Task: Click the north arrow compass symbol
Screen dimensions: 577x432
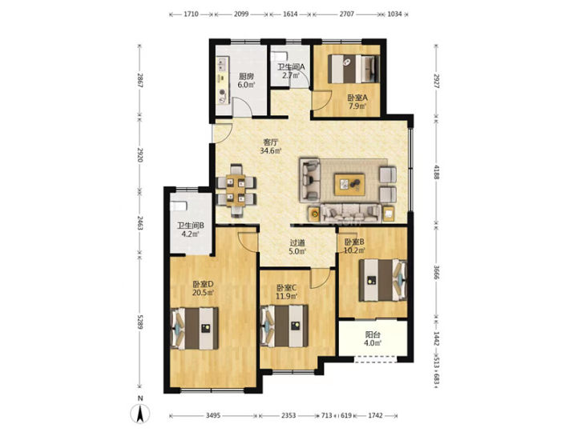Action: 139,414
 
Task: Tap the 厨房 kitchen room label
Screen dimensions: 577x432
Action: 246,77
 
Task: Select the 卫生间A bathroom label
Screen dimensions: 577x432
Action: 291,67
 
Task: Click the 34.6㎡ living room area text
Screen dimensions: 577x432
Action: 271,150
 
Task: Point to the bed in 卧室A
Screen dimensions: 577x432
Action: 353,69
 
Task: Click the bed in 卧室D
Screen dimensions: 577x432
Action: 194,328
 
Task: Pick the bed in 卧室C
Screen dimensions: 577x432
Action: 284,326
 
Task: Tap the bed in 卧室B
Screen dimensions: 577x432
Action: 383,280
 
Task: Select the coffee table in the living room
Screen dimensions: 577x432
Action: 349,185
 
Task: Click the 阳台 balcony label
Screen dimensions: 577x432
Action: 373,334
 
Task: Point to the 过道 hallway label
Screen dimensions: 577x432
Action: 297,243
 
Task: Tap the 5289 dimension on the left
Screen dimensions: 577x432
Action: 139,322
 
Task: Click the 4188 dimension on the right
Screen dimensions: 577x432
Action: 436,172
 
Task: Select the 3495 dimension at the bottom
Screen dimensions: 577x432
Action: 213,415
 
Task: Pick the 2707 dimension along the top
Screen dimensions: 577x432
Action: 346,14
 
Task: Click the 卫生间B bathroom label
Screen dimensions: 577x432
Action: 191,226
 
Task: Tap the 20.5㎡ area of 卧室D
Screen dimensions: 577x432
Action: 203,293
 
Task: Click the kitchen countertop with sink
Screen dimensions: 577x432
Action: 223,80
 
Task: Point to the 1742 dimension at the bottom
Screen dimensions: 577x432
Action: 375,415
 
